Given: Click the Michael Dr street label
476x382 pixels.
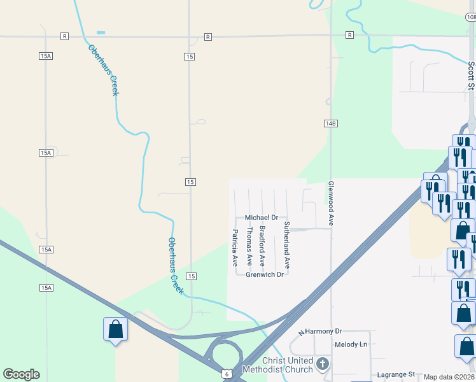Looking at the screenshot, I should coord(262,218).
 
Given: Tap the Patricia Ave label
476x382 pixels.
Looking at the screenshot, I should coord(235,248).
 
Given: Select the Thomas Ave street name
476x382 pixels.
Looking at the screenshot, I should coord(249,246).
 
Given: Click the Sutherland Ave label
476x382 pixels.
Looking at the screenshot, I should coord(287,245).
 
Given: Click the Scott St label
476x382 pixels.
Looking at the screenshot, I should coord(471,76).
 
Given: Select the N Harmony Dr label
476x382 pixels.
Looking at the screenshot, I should coord(321,332).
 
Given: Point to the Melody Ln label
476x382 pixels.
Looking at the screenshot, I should coord(351,344).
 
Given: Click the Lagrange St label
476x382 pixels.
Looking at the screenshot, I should coord(395,374).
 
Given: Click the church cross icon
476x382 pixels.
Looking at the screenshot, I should coord(323,365).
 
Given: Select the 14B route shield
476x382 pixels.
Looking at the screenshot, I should coord(330,124).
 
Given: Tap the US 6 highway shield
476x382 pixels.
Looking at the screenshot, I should coord(227,374).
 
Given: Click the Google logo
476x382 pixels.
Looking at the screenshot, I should coord(21,374).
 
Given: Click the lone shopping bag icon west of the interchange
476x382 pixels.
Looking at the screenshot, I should coord(115,329).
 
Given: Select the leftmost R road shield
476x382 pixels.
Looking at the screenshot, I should coord(64,36).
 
